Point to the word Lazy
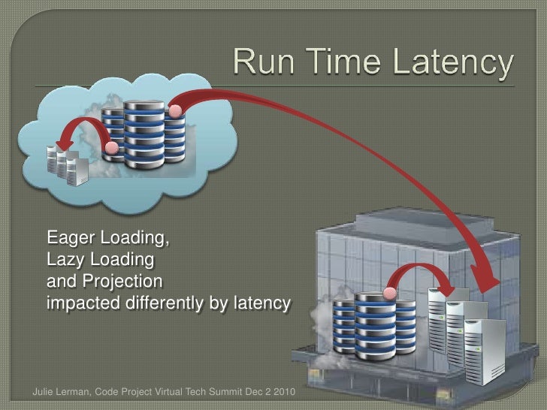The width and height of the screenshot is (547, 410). [66, 262]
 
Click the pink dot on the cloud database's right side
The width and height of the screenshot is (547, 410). [175, 111]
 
